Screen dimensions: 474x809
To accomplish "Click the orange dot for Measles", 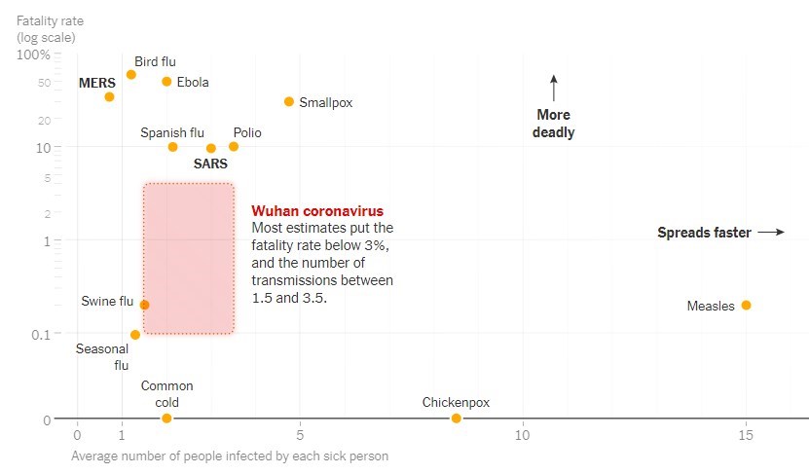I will click(746, 305).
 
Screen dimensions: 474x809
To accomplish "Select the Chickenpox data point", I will click(456, 419).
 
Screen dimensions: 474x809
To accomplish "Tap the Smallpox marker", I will click(289, 101).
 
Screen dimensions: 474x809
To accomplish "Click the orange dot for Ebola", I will click(166, 82).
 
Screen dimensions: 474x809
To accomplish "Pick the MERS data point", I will click(109, 96).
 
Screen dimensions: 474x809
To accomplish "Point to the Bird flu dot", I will click(131, 75).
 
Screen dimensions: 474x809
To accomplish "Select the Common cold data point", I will click(166, 419).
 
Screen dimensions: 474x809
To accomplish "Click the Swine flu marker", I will click(144, 305).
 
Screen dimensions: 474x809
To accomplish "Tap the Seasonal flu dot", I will click(134, 335).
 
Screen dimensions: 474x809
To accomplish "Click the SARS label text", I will click(210, 164).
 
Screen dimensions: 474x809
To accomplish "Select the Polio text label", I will click(247, 132).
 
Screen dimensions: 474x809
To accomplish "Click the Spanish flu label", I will click(172, 132).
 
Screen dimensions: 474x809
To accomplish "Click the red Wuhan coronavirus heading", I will click(317, 210).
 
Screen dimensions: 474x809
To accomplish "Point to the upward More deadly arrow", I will click(553, 89).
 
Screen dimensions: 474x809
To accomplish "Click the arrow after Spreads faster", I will click(771, 233).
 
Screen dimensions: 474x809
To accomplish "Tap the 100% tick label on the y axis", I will click(33, 55).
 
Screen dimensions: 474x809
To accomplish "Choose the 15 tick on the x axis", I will click(746, 434).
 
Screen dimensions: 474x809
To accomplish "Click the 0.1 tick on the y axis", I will click(39, 334).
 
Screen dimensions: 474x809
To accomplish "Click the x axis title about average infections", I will click(230, 456).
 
